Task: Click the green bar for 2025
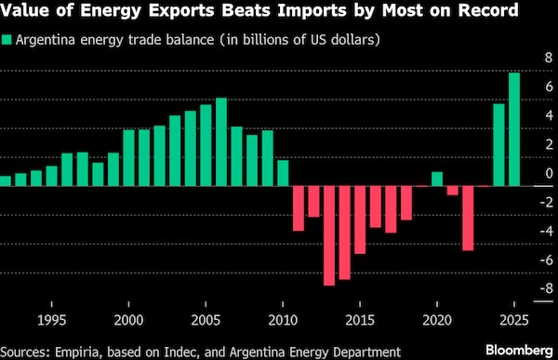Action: coord(514,129)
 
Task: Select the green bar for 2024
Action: coord(498,144)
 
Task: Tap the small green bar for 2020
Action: coord(437,179)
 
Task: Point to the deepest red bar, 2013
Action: coord(329,235)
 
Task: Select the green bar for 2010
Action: coord(283,173)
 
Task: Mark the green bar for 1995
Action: coord(52,176)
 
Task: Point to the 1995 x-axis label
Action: coord(52,319)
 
